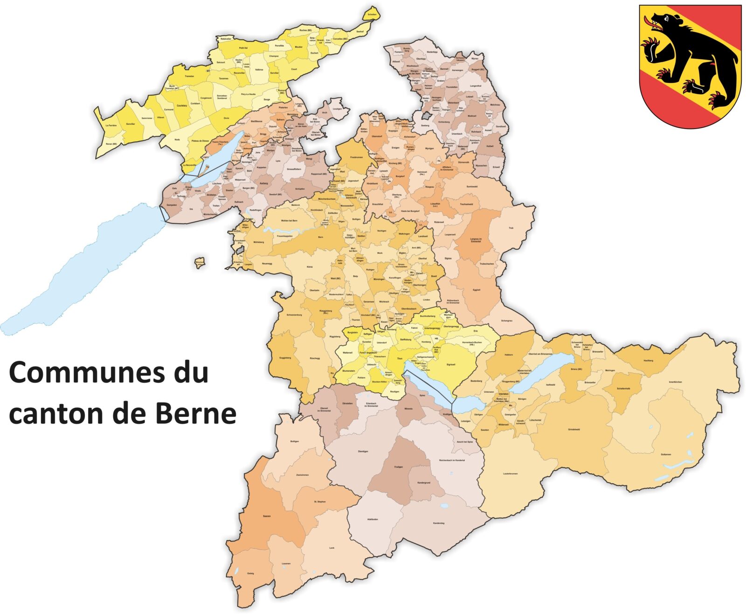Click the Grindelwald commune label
click(x=574, y=429)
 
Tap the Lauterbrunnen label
click(x=511, y=474)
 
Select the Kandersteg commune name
click(x=439, y=523)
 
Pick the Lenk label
click(x=332, y=548)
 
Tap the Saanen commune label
click(x=267, y=516)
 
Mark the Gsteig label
click(x=250, y=573)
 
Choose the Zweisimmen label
click(x=302, y=475)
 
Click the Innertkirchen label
click(x=675, y=382)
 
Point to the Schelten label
click(x=372, y=14)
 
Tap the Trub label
click(x=511, y=228)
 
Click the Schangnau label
click(x=507, y=321)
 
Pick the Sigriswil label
click(x=450, y=364)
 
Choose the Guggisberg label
click(x=284, y=358)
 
